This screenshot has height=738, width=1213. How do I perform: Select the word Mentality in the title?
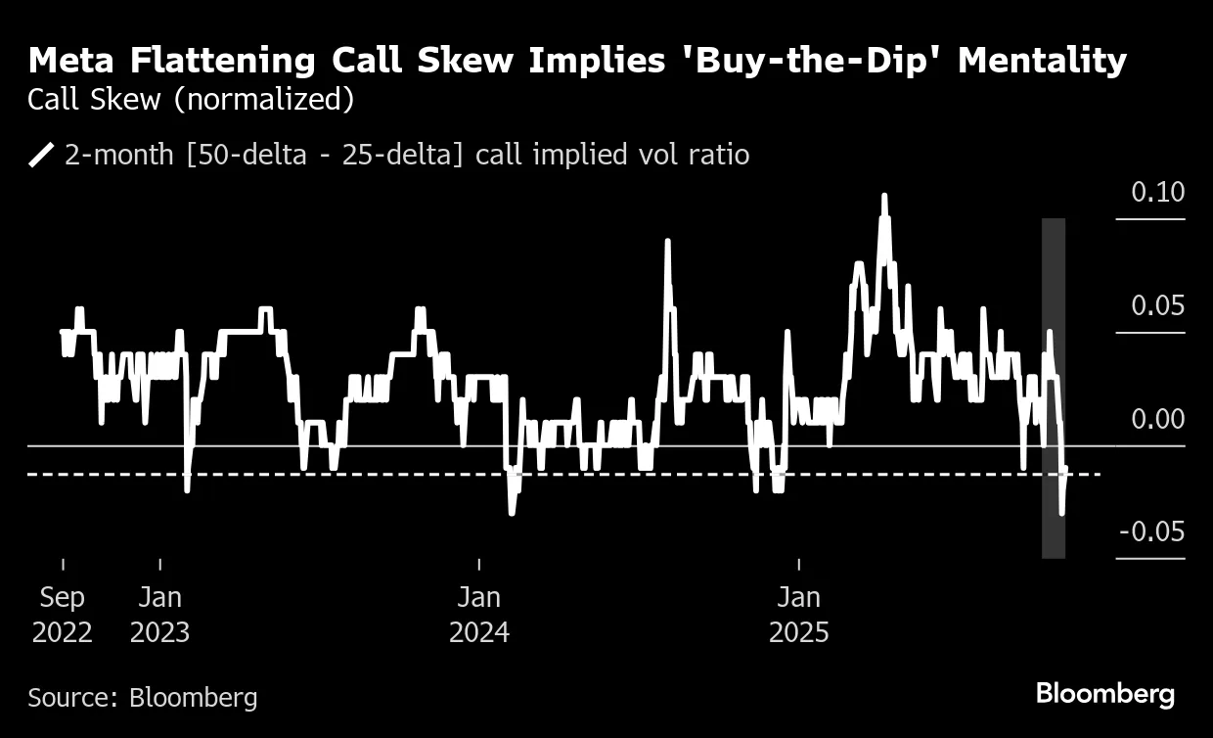click(1042, 61)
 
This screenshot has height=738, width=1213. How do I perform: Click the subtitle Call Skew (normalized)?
click(191, 100)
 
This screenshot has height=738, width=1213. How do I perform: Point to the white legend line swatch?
click(42, 155)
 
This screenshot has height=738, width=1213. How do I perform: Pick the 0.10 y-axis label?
click(1157, 192)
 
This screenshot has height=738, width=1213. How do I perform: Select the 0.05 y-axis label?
click(1157, 305)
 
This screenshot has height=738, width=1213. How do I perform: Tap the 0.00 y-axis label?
click(1157, 419)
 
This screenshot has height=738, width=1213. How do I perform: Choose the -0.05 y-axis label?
click(1151, 531)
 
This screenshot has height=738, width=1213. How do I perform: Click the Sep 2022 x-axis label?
click(63, 614)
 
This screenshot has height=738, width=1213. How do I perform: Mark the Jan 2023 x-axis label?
click(159, 614)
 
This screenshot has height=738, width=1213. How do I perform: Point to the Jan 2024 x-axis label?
click(479, 614)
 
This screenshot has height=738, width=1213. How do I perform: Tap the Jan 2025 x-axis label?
click(799, 614)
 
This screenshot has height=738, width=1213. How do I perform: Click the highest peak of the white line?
click(884, 196)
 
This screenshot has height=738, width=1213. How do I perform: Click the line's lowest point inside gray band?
click(1062, 512)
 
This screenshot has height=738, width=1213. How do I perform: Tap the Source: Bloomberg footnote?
click(143, 697)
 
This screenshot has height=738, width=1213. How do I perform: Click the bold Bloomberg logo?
click(1105, 694)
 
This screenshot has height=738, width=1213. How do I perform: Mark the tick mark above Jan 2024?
click(479, 565)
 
